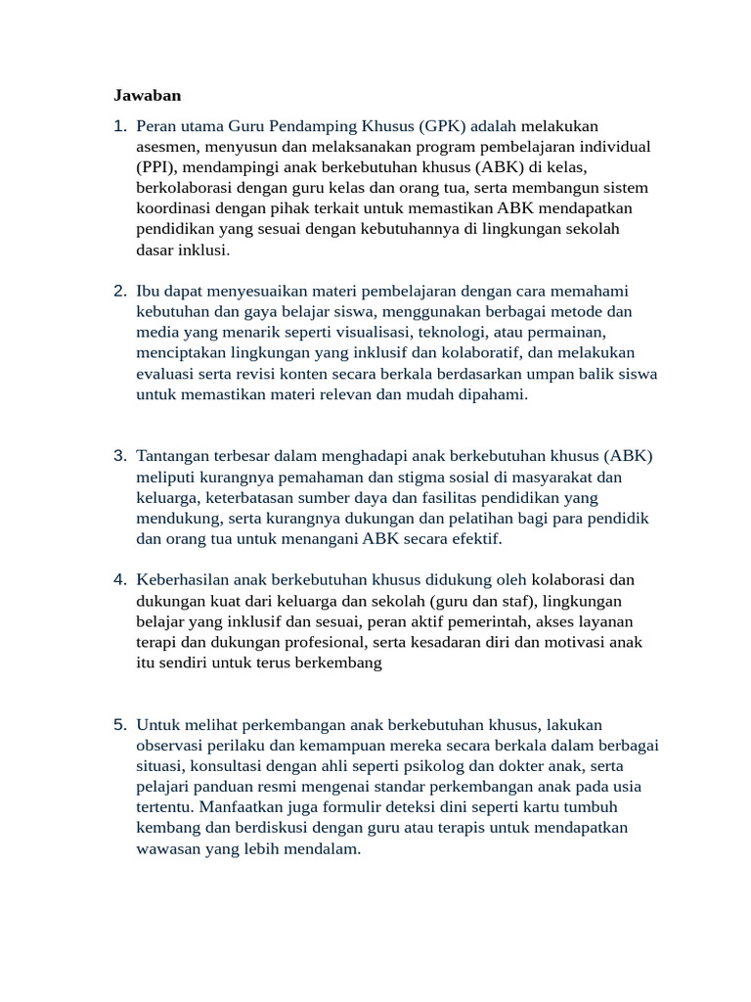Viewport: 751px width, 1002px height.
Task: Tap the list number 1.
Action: pos(119,126)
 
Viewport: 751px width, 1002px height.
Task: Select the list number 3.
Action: pos(119,456)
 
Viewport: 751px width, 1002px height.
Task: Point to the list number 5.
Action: pos(119,725)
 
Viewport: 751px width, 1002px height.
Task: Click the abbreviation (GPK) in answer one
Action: pos(445,126)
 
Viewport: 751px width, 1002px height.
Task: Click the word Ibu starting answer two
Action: pos(150,292)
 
